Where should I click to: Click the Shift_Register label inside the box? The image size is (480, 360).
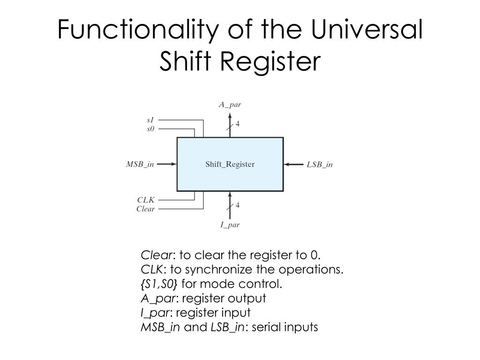pyautogui.click(x=230, y=164)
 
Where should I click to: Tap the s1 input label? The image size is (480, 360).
pyautogui.click(x=150, y=120)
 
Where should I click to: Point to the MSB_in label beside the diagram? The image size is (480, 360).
pyautogui.click(x=140, y=164)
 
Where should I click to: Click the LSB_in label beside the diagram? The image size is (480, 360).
pyautogui.click(x=320, y=165)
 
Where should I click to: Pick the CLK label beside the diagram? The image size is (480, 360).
pyautogui.click(x=146, y=200)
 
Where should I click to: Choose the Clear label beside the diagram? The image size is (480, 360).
pyautogui.click(x=145, y=209)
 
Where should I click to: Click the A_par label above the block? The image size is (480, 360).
pyautogui.click(x=230, y=105)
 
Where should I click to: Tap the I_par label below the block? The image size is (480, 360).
pyautogui.click(x=230, y=225)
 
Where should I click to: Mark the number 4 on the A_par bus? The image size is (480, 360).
pyautogui.click(x=238, y=124)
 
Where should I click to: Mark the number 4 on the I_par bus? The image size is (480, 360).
pyautogui.click(x=238, y=205)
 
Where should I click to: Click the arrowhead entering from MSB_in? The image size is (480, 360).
pyautogui.click(x=173, y=164)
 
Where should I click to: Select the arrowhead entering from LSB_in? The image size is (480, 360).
pyautogui.click(x=287, y=164)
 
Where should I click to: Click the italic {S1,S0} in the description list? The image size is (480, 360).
pyautogui.click(x=159, y=284)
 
